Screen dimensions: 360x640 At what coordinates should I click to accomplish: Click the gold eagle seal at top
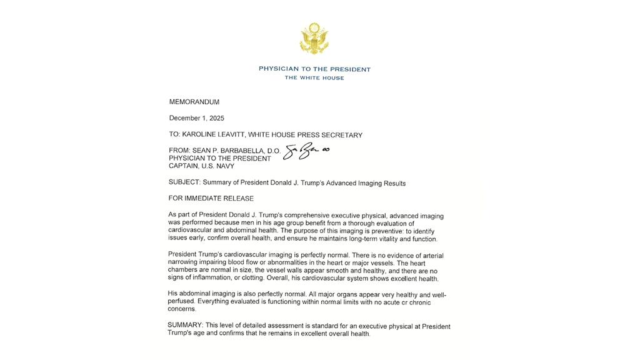click(x=314, y=39)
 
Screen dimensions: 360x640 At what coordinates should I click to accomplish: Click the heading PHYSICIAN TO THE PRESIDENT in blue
click(x=314, y=69)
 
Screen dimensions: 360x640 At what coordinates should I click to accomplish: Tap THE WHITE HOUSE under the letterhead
click(x=314, y=78)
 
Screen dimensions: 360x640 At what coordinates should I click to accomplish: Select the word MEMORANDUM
click(x=194, y=102)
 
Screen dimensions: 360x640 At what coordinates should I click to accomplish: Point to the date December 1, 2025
click(x=197, y=118)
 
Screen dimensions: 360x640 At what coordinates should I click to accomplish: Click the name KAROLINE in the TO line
click(x=201, y=135)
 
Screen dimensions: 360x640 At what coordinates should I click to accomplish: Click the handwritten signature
click(x=307, y=152)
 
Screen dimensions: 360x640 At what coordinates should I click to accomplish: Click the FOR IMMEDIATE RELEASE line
click(x=211, y=199)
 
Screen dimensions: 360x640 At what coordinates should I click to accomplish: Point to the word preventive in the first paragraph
click(x=336, y=231)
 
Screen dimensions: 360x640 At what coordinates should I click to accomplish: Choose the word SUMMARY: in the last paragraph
click(x=185, y=326)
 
